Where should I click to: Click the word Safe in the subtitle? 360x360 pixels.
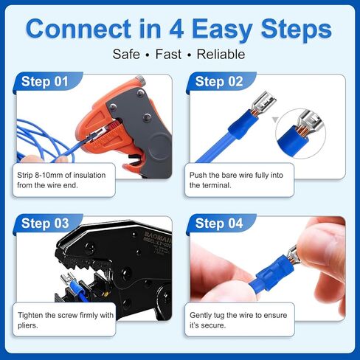[127, 55]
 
